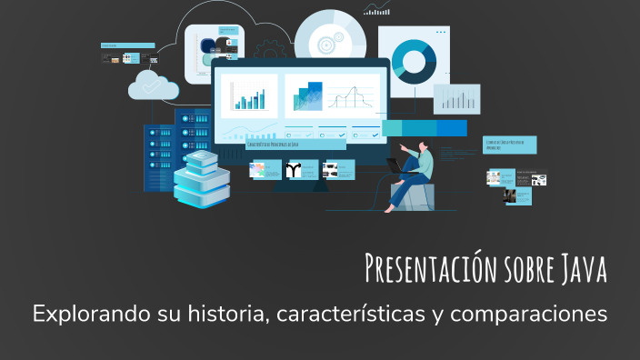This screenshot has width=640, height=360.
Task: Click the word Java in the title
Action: point(577,269)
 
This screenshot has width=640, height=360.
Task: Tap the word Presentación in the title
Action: point(418,269)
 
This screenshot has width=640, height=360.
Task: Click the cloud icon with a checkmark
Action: point(153,85)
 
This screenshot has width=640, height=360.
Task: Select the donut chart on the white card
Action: point(415,61)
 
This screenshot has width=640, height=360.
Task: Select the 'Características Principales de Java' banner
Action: point(295,144)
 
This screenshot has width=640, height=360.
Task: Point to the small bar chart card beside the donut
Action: point(456,99)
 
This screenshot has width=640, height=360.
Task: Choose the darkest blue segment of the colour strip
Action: point(451,128)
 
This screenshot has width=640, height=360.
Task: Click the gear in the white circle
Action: point(325,40)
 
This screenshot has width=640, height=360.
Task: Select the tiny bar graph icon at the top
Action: point(376,9)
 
